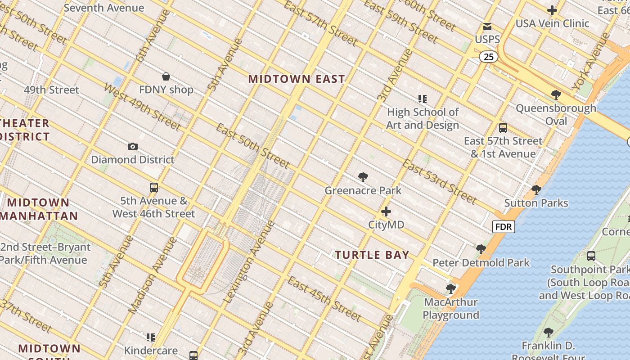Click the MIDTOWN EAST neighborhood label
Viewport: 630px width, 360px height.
coord(297,79)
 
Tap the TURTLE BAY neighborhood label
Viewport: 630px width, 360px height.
coord(372,255)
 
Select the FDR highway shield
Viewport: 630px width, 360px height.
coord(504,227)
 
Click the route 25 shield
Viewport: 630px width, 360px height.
coord(488,57)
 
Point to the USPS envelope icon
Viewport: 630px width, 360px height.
coord(487,27)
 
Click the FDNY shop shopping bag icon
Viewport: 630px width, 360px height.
coord(166,76)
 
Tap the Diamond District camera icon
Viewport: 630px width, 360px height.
coord(132,146)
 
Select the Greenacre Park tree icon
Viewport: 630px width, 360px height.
coord(363,177)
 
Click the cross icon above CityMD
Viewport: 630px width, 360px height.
coord(386,211)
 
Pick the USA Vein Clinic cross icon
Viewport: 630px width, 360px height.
coord(552,10)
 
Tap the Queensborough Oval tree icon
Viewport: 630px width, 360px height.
coord(556,95)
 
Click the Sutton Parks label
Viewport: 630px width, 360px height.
coord(536,203)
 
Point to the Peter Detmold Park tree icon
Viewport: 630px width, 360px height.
coord(481,249)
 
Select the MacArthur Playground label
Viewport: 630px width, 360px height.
coord(450,308)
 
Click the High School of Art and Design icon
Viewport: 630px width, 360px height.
coord(422,99)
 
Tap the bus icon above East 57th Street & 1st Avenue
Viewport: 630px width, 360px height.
coord(503,128)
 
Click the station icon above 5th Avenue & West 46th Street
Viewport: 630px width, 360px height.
coord(154,188)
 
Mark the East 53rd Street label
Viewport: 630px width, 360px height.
coord(439,181)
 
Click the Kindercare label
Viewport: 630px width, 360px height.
coord(151,350)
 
